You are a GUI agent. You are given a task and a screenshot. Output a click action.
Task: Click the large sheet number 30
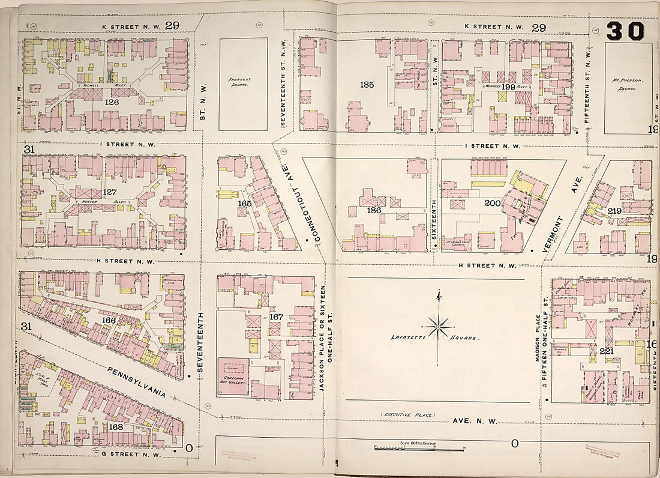pos(625,31)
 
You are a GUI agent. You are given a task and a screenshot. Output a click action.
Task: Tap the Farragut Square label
pos(242,82)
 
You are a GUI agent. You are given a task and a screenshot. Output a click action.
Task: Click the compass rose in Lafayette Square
pos(439,327)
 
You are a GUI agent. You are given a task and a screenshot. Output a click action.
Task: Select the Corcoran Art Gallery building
pos(233,377)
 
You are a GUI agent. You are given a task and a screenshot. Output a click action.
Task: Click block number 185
pos(367,85)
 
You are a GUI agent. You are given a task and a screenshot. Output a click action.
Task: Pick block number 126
pos(111,103)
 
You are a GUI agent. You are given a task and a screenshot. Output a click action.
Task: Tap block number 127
pos(109,192)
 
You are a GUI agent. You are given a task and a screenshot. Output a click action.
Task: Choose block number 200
pos(493,204)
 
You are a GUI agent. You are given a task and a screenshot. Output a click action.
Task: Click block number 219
pos(613,211)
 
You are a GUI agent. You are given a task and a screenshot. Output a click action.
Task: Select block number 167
pos(276,316)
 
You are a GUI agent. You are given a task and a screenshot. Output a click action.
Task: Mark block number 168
pos(116,426)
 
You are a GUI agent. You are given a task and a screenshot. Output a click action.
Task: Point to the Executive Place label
pos(407,415)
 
